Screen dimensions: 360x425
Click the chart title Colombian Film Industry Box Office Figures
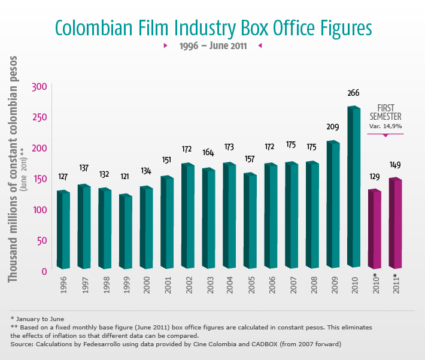tap(213, 28)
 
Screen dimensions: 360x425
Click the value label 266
tap(353, 93)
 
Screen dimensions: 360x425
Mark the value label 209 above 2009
tap(333, 127)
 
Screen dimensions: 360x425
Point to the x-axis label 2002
tap(188, 283)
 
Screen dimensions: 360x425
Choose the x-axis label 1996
tap(63, 283)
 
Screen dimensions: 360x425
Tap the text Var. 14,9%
tap(385, 126)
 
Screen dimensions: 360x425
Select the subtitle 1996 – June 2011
tap(212, 46)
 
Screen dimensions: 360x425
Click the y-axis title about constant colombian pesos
tap(13, 169)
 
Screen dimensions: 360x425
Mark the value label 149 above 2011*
tap(395, 165)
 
